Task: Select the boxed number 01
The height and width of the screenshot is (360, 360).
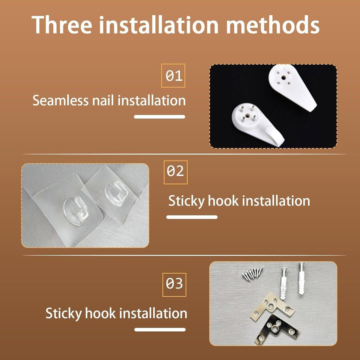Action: [173, 76]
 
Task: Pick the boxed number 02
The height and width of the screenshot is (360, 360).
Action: [175, 172]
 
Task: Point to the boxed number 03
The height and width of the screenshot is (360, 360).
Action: [174, 285]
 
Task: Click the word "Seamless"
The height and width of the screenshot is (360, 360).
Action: [60, 100]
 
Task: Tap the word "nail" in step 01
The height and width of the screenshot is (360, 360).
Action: [103, 100]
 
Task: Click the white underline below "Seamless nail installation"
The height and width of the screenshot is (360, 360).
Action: [160, 117]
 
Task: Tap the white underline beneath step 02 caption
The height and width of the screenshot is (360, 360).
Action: [192, 217]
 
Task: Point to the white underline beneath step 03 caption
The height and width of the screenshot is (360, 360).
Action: [160, 329]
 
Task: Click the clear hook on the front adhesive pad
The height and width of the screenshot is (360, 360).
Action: [76, 209]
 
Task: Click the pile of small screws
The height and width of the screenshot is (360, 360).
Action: [253, 273]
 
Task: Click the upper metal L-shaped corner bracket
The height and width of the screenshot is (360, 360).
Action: [271, 306]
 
